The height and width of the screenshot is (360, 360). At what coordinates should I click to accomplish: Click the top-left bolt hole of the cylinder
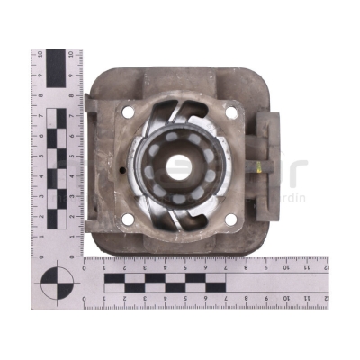(127, 112)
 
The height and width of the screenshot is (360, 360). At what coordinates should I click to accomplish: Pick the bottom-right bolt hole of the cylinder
(230, 216)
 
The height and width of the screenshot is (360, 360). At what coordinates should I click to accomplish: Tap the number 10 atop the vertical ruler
(38, 55)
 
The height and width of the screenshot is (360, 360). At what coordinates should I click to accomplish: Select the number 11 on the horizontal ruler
(306, 266)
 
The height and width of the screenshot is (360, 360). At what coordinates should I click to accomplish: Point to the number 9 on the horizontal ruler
(265, 266)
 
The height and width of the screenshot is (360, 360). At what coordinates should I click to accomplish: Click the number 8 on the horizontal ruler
(246, 266)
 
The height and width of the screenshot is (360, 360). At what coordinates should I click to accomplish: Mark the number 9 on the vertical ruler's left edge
(38, 75)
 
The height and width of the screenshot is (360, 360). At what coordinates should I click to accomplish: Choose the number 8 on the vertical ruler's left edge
(38, 95)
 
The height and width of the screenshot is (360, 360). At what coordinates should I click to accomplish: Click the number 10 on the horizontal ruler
(286, 266)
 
